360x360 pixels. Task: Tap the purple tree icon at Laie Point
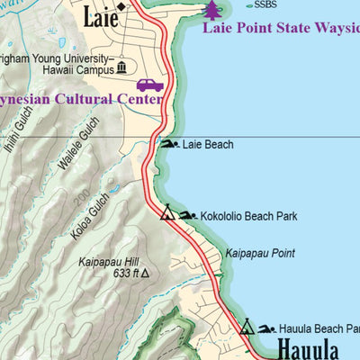coord(211,10)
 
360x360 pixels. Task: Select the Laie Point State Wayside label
coord(280,28)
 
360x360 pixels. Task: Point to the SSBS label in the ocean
coord(265,4)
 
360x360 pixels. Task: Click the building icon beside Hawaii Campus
coord(121,68)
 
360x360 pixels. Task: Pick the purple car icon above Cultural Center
coord(149,85)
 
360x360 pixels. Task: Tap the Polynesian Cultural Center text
coord(81,99)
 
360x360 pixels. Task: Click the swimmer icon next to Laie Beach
coord(169,144)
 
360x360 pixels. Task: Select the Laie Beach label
coord(208,144)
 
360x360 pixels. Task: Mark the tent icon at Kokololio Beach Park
coord(166,214)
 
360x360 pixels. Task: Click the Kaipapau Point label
coord(260,254)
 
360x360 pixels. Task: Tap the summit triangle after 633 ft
coord(143,274)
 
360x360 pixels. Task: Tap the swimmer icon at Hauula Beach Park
coord(266,328)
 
